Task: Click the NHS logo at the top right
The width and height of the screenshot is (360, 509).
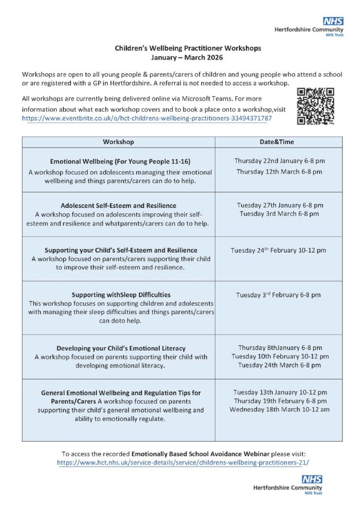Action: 333,21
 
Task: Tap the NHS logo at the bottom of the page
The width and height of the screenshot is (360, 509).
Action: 312,479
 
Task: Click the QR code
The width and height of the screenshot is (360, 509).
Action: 316,107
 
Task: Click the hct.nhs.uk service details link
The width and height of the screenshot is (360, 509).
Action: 183,462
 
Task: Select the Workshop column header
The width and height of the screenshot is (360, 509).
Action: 118,142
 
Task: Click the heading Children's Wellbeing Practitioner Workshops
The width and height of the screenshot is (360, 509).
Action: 188,48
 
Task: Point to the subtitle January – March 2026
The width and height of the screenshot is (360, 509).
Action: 187,58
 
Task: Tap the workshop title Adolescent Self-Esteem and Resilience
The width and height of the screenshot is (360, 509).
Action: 118,206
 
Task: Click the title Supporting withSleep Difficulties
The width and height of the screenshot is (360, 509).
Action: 121,295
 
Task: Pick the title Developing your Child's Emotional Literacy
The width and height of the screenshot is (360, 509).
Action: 121,348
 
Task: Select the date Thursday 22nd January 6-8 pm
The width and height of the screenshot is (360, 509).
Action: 279,161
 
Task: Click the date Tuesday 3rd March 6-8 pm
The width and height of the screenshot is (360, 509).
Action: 279,214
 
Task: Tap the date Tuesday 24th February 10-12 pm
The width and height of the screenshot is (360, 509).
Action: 278,250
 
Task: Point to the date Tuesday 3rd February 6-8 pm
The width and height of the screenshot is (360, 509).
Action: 278,295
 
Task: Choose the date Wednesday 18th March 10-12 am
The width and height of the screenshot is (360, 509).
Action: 280,409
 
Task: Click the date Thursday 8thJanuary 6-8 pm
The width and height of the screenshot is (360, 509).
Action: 280,348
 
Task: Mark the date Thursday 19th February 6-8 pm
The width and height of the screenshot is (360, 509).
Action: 280,401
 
